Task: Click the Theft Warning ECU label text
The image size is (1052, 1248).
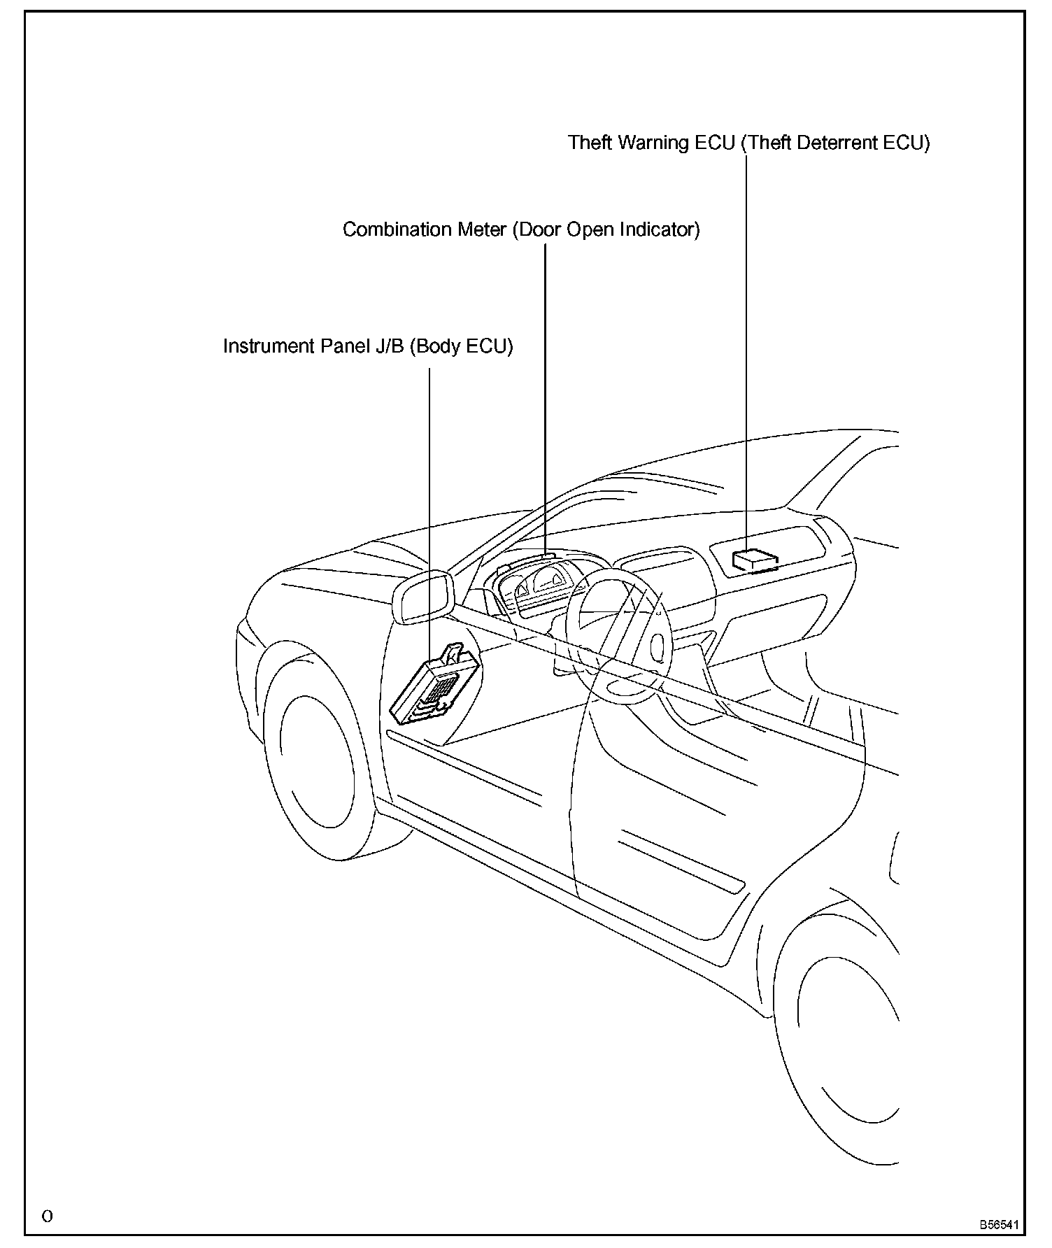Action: [748, 143]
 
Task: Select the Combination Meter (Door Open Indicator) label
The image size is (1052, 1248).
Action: [520, 229]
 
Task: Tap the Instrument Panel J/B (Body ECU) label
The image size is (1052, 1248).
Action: [368, 346]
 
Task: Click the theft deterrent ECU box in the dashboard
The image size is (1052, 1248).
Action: [754, 560]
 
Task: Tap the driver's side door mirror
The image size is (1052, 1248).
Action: [422, 597]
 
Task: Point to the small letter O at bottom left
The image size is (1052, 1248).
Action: [47, 1216]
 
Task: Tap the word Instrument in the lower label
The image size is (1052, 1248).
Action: [268, 346]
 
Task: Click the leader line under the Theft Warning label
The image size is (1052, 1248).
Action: [746, 350]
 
